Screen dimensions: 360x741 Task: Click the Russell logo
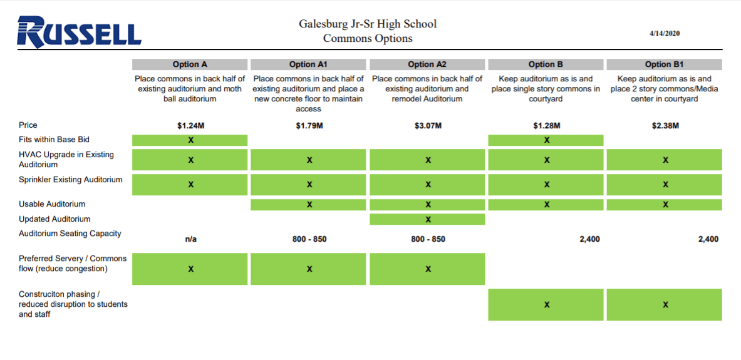click(x=80, y=32)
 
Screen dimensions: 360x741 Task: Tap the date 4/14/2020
click(x=665, y=33)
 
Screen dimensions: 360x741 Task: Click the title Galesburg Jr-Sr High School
click(x=368, y=24)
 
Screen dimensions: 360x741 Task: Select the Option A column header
click(x=190, y=64)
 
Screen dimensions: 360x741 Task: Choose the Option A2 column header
click(x=427, y=64)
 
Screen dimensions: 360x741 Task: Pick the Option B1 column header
click(x=664, y=64)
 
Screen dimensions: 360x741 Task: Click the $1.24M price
click(x=190, y=126)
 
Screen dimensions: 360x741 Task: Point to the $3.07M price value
click(x=428, y=126)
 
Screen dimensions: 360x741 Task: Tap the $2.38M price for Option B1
click(x=665, y=126)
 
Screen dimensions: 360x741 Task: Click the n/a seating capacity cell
click(x=190, y=239)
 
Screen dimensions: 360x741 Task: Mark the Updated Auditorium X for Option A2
click(x=428, y=219)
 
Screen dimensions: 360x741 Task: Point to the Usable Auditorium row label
click(x=52, y=204)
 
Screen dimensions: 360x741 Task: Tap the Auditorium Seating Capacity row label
click(x=70, y=234)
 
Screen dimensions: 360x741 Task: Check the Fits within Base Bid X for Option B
click(x=547, y=140)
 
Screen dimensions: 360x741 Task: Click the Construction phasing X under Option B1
click(x=665, y=305)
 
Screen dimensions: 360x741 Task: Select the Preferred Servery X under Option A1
click(x=309, y=269)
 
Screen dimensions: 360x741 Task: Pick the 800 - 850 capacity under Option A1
click(x=309, y=239)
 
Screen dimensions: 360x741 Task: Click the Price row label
click(x=28, y=125)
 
